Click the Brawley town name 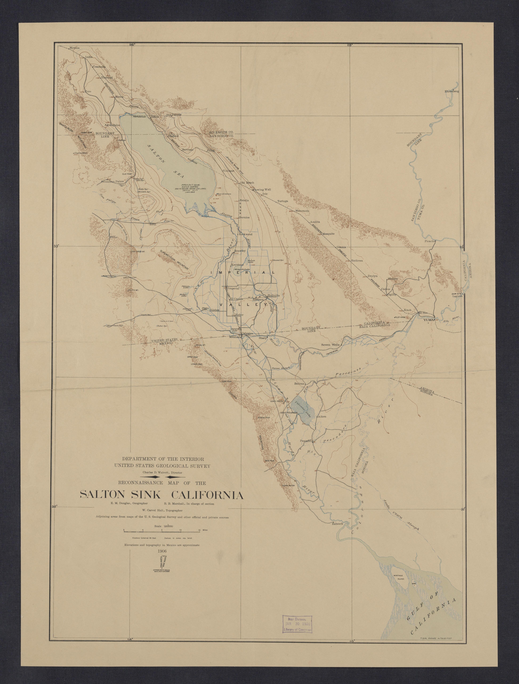(x=240, y=251)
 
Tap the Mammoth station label (x=302, y=211)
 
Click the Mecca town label (x=119, y=97)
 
